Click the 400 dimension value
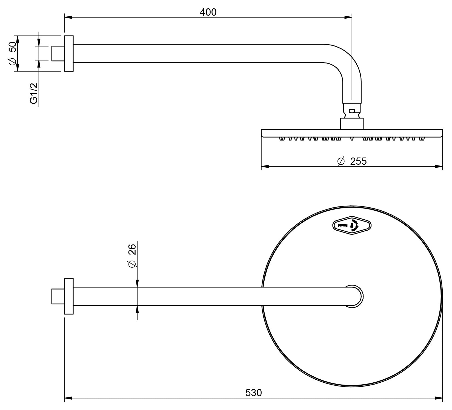[208, 12]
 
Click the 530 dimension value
[253, 393]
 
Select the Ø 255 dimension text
[352, 161]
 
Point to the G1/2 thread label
[33, 93]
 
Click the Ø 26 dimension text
[131, 256]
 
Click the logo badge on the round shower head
[352, 225]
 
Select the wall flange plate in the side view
[69, 54]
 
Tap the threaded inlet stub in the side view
[58, 53]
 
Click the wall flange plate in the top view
[69, 296]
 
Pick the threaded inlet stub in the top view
[58, 296]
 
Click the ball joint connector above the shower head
[352, 111]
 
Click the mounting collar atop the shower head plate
[352, 123]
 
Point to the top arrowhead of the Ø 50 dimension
[18, 39]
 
